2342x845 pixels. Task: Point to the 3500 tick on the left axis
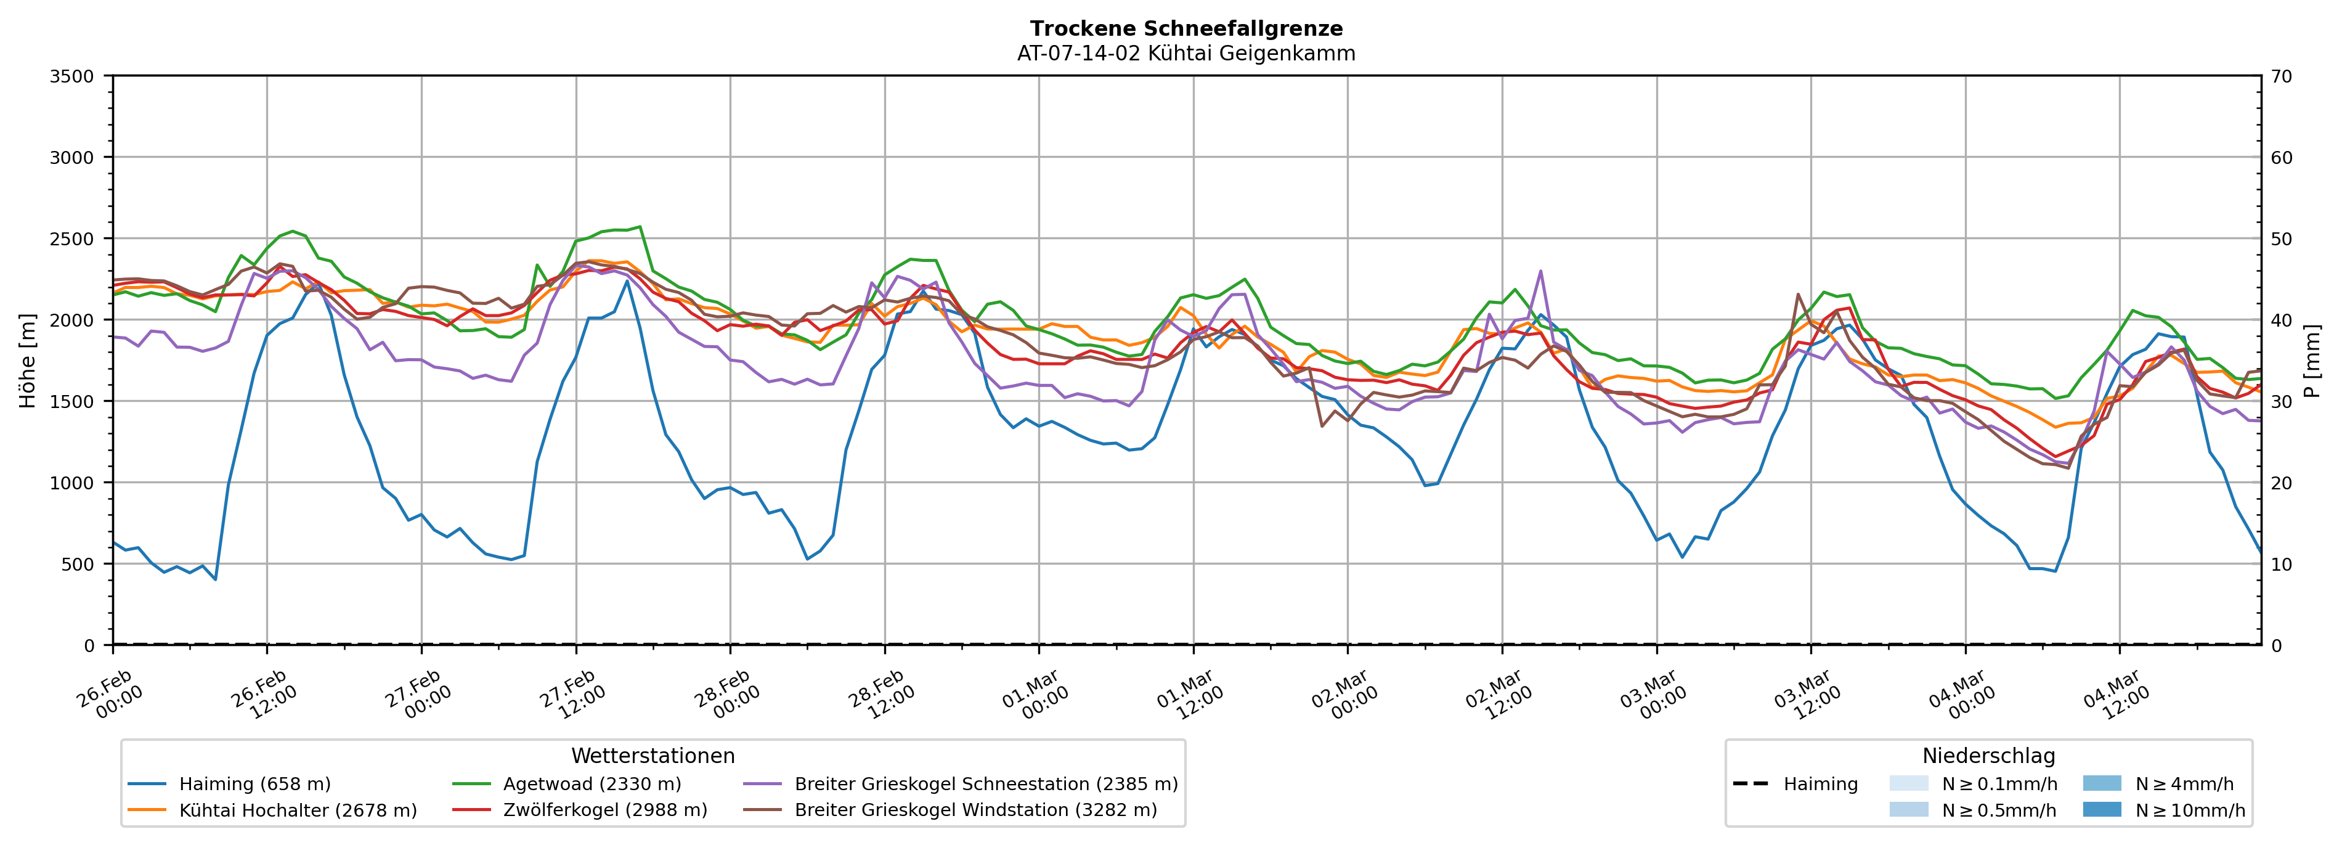pyautogui.click(x=72, y=76)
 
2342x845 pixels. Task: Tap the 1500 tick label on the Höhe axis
pyautogui.click(x=72, y=402)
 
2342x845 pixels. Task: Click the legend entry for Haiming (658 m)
pyautogui.click(x=254, y=784)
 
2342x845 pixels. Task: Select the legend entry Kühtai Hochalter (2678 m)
pyautogui.click(x=298, y=810)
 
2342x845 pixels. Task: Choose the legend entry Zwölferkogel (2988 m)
pyautogui.click(x=604, y=810)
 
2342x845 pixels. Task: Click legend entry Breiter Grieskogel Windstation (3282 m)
pyautogui.click(x=975, y=810)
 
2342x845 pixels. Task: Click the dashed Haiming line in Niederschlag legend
pyautogui.click(x=1750, y=784)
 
